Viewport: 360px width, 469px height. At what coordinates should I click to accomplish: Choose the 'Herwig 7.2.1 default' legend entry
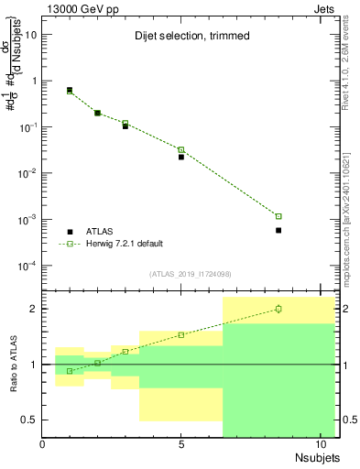pos(124,244)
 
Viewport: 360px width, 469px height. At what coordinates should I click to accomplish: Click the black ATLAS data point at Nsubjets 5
pos(181,157)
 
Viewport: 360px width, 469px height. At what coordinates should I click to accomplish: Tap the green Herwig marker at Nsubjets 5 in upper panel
pos(181,149)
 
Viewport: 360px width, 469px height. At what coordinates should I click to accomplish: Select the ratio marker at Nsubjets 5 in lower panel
pos(181,334)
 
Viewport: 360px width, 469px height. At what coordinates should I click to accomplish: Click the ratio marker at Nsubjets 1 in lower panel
pos(70,371)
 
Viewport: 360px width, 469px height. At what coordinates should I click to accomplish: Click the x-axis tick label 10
pos(321,446)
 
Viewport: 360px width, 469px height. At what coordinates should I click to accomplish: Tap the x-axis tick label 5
pos(181,446)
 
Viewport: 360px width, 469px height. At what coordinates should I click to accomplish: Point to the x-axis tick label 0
pos(42,446)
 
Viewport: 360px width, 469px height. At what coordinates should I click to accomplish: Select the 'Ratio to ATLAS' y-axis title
pos(12,365)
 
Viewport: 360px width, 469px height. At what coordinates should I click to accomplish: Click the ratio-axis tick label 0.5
pos(29,420)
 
